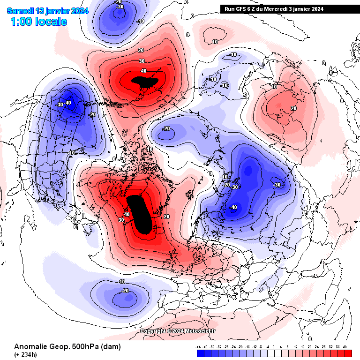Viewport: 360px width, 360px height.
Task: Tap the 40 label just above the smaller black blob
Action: [x=144, y=71]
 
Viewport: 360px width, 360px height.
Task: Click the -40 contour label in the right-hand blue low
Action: [x=233, y=207]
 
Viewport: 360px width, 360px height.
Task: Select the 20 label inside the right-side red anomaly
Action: [x=294, y=108]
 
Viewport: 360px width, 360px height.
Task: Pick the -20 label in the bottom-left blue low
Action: [x=125, y=291]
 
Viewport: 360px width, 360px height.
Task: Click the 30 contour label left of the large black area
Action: [x=121, y=219]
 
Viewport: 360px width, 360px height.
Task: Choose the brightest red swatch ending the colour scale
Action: [x=347, y=353]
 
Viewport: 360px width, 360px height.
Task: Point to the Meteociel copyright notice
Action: [x=178, y=331]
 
